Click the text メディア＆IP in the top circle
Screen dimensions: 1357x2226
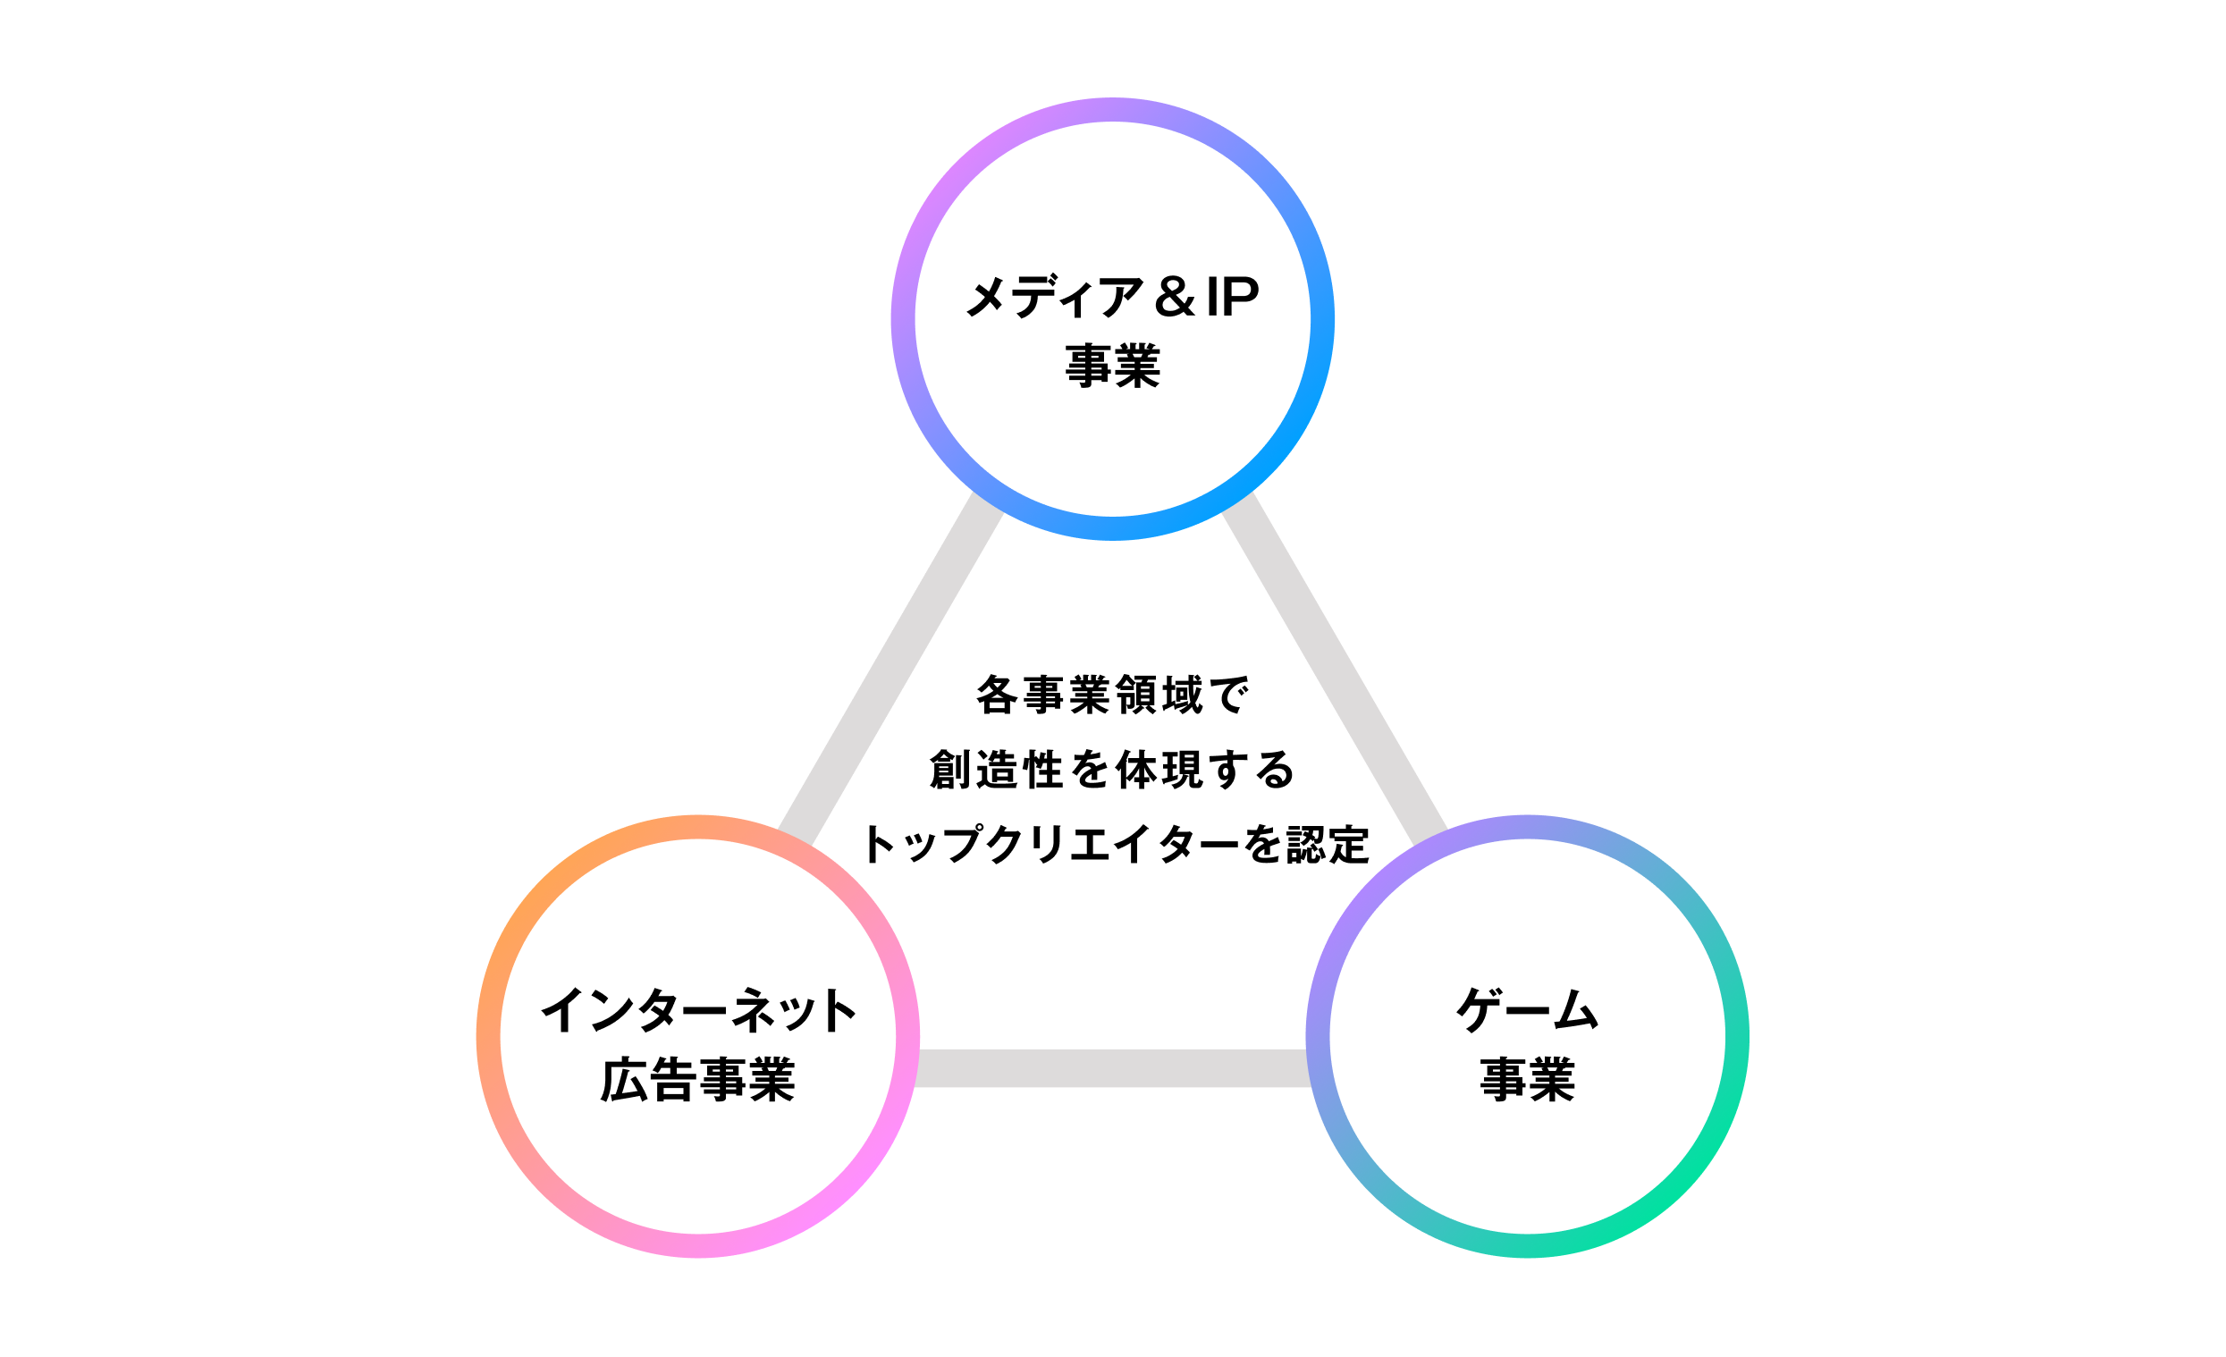1112,296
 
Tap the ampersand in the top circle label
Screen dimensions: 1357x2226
1175,296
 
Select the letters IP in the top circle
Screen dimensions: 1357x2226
1231,296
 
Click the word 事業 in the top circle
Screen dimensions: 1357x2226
1112,366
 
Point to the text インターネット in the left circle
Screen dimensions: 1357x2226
698,1009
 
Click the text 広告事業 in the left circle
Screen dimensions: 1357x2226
698,1080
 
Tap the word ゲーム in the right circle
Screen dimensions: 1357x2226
1528,1009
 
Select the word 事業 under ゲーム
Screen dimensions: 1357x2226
1528,1080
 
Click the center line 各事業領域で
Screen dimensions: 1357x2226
1112,695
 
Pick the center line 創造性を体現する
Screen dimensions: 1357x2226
1112,770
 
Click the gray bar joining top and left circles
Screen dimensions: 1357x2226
890,669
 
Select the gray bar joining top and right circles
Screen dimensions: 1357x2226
1336,669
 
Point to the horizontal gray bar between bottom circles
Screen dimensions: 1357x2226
1112,1068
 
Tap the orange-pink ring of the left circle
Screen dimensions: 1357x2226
489,1036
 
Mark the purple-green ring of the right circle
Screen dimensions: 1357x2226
1736,1036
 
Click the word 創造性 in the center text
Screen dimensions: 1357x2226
996,770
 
